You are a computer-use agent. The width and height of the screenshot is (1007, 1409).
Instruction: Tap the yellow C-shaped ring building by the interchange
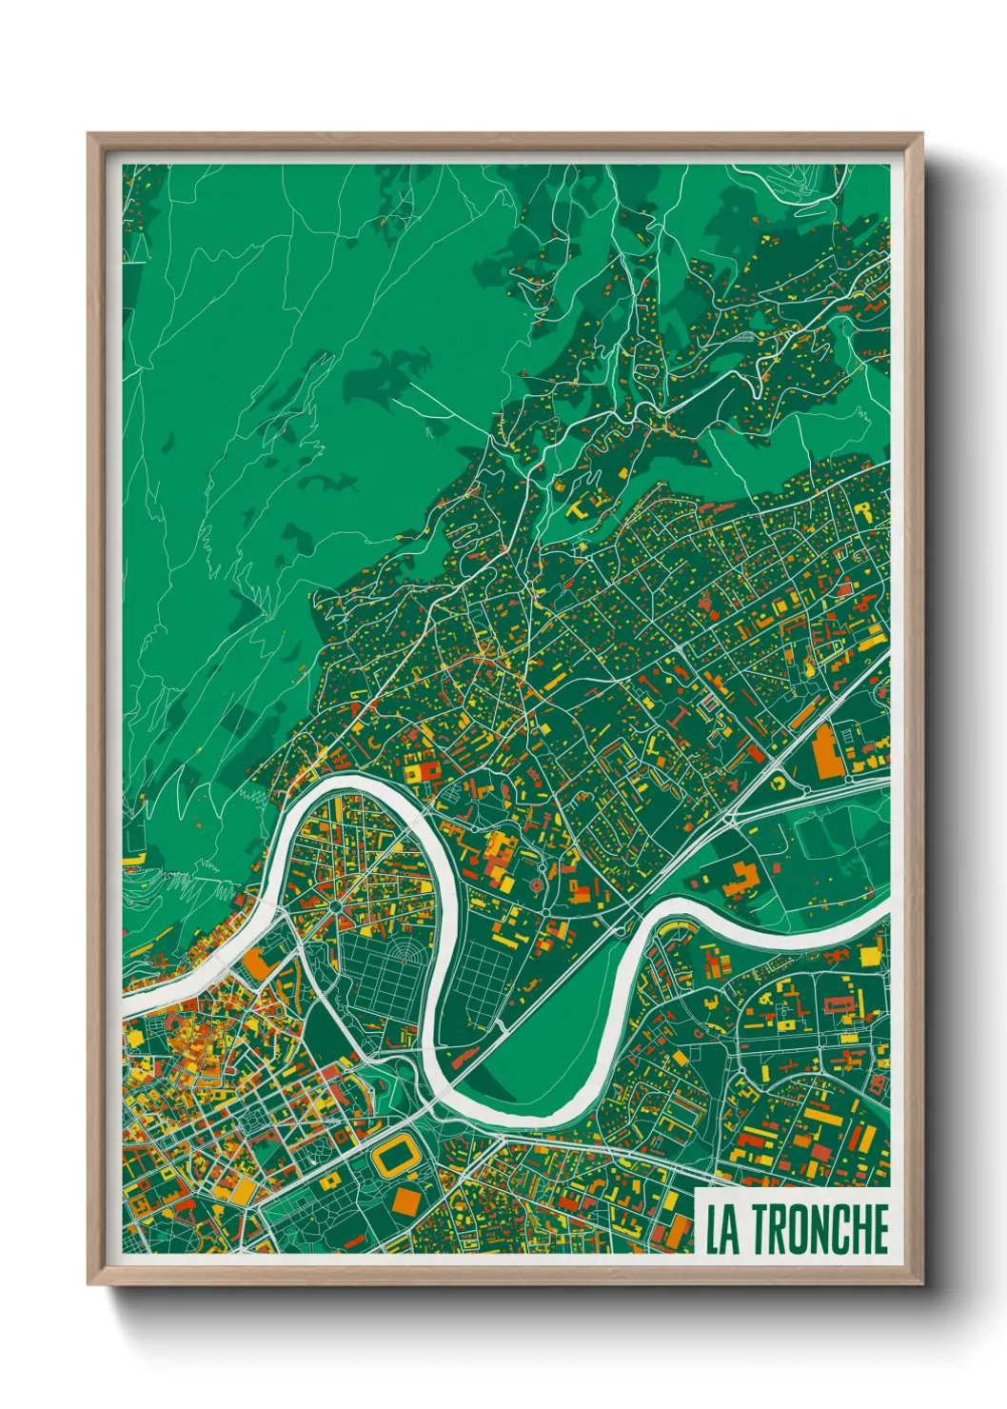tap(778, 783)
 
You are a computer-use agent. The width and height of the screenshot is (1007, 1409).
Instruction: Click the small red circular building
tap(535, 886)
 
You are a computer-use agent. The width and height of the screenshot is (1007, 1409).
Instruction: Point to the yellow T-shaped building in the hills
tap(578, 509)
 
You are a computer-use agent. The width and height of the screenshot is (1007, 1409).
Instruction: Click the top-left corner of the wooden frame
tap(89, 134)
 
